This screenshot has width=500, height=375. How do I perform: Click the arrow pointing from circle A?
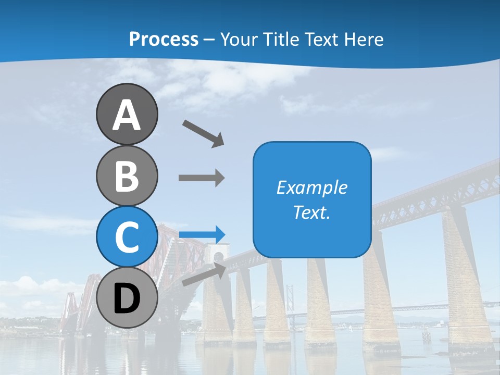point(203,133)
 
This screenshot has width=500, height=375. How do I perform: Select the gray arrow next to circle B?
point(202,178)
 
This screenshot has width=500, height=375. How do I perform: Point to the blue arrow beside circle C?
point(202,234)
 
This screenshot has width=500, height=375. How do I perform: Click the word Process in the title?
point(164,40)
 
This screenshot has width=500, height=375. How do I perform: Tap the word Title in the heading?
point(281,40)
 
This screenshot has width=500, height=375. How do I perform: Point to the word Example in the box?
point(311,187)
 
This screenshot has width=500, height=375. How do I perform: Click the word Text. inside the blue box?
point(311,212)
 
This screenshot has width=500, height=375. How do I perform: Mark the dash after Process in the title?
point(209,40)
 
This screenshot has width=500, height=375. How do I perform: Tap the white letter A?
point(127,115)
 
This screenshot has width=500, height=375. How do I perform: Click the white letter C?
point(127,236)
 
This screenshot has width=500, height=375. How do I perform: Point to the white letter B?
point(127,176)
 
